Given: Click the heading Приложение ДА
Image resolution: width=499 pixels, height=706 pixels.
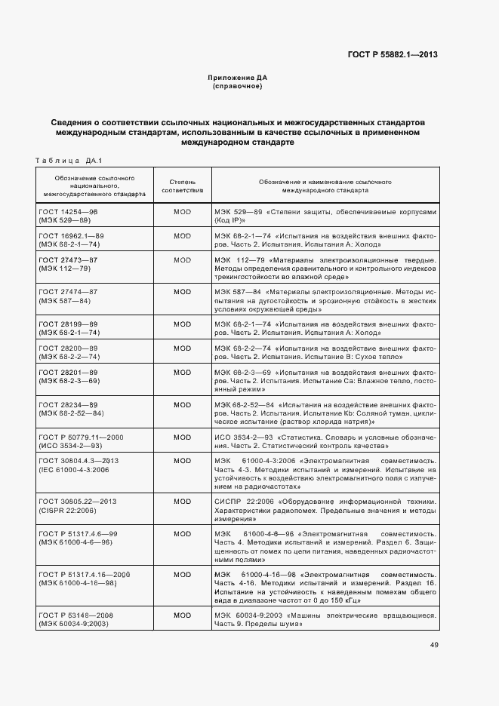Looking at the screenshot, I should [x=237, y=78].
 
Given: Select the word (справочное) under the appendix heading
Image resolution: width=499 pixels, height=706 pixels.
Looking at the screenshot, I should [x=237, y=87].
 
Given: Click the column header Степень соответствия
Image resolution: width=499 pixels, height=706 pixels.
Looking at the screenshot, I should [x=182, y=186].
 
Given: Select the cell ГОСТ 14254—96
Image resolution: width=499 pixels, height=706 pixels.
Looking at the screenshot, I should [x=69, y=212].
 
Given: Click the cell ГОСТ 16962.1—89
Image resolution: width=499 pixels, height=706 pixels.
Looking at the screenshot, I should [x=71, y=237].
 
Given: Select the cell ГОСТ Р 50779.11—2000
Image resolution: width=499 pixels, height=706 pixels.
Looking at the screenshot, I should [x=81, y=437].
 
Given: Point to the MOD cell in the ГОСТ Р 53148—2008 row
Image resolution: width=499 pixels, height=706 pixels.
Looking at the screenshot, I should [x=182, y=615].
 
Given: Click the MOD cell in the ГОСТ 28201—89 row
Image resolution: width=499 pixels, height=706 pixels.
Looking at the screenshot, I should [x=182, y=373].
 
